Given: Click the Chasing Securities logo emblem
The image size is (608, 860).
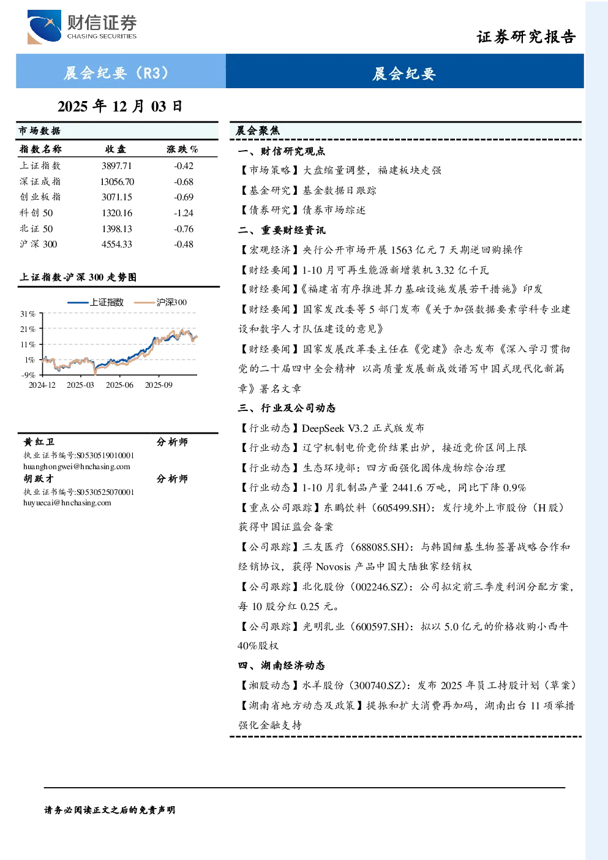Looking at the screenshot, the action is point(44,27).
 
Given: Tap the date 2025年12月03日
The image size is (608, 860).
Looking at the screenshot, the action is point(120,107).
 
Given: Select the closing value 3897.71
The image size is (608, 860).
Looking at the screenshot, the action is point(117,166).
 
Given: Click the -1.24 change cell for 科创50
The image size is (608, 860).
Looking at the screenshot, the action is point(184,213).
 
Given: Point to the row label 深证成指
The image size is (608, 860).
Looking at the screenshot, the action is point(40,181).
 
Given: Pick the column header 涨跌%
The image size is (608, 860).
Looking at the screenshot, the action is point(182,149).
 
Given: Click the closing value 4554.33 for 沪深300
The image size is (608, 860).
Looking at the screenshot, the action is point(117,244).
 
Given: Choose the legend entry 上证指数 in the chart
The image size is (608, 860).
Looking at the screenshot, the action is point(96,303).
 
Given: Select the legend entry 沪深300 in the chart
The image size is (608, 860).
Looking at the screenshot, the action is point(160,303).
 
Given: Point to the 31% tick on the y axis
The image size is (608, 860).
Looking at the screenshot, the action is point(28,314).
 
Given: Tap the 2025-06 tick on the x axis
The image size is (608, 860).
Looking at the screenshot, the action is point(119,385).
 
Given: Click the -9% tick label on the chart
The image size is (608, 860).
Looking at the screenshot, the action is point(28,375).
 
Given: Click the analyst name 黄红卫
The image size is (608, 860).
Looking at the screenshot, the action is point(39,442).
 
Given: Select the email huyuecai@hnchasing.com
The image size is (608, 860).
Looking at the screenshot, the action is point(67,503).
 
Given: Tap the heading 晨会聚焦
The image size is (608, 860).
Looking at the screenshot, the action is point(258,131).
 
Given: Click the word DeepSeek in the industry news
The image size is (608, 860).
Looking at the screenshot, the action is point(323,428).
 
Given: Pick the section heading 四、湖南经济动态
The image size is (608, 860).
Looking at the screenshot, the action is point(282,665).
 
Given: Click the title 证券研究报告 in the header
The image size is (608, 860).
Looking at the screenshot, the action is point(526,37).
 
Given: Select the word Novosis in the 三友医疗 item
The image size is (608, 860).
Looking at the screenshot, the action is point(333,567).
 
